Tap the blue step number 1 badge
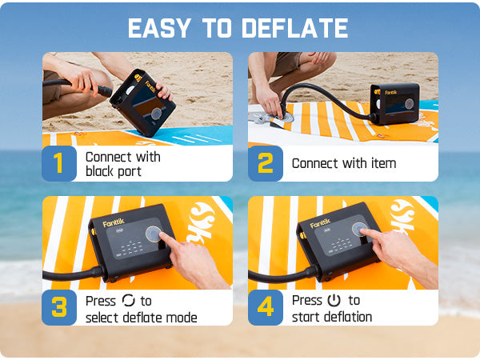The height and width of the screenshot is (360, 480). (58, 163)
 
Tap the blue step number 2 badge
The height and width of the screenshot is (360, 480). (265, 163)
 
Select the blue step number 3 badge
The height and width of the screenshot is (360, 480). (58, 307)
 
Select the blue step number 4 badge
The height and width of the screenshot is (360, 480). (265, 307)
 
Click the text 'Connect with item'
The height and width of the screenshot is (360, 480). (343, 163)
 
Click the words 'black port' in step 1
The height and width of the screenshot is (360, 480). (113, 171)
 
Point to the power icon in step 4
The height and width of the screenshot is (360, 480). (334, 301)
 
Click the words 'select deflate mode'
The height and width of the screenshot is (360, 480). (141, 318)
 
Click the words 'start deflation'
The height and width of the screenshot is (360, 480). (332, 318)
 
